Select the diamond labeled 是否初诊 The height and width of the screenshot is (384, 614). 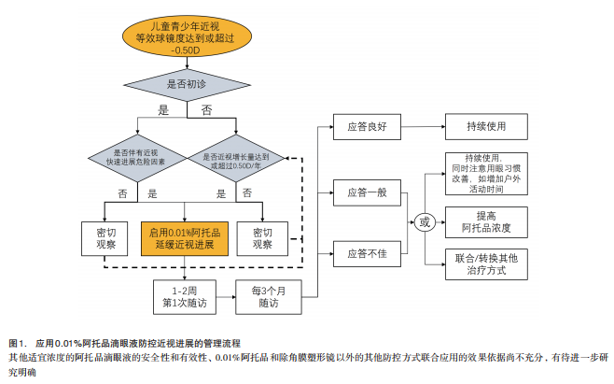pos(187,84)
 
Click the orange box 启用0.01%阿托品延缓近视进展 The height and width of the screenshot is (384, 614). pos(184,237)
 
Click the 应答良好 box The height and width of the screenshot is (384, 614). pos(366,124)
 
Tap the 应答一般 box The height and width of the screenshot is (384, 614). pos(366,192)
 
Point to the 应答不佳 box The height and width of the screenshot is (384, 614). pos(366,253)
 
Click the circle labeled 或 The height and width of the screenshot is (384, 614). pos(426,222)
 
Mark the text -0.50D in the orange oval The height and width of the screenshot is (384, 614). pos(187,50)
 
